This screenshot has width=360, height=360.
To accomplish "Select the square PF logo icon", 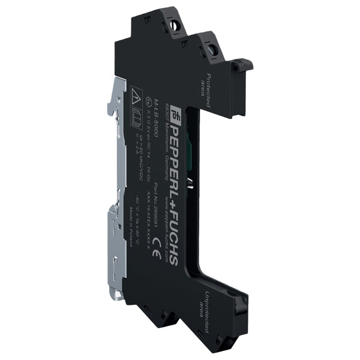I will click(x=175, y=112).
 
